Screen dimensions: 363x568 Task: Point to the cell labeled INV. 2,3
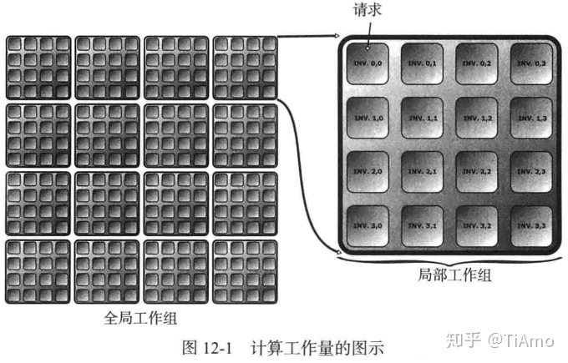[533, 173]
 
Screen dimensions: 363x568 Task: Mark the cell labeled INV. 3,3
[533, 226]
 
